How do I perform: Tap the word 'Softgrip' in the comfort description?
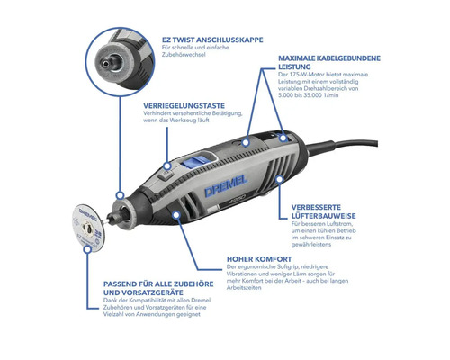306,268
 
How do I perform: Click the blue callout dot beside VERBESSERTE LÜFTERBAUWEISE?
280,178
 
